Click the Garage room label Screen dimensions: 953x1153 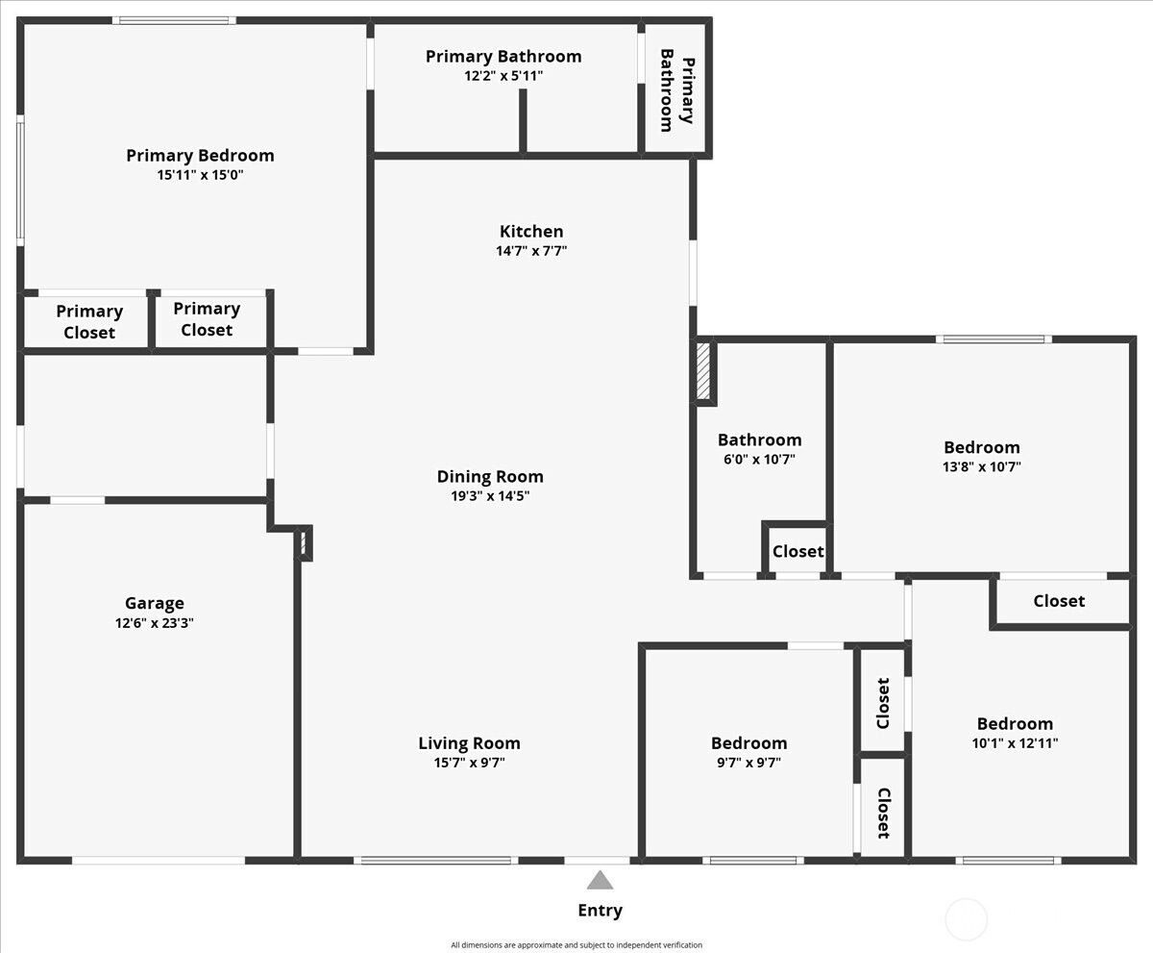click(154, 603)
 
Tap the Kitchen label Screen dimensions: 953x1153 click(531, 231)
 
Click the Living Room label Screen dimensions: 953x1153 click(469, 742)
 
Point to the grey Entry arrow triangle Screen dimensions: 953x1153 click(600, 880)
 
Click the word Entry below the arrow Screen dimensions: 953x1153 click(600, 910)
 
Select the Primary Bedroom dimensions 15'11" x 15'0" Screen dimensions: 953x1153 click(200, 175)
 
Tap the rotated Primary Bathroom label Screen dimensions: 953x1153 click(676, 90)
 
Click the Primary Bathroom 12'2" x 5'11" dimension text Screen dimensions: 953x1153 click(503, 75)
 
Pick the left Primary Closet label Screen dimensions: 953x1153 click(89, 321)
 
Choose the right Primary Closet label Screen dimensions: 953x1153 click(207, 319)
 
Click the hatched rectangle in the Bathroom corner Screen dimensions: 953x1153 click(702, 371)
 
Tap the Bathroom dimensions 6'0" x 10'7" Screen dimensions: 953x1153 click(759, 460)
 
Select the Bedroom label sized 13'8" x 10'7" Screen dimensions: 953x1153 click(981, 447)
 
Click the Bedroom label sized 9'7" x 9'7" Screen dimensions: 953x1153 click(748, 742)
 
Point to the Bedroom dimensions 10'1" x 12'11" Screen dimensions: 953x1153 click(1015, 743)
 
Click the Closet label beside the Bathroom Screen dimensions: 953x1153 click(797, 551)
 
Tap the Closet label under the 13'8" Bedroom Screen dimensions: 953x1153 click(1059, 600)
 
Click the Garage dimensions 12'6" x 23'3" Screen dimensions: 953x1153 click(154, 623)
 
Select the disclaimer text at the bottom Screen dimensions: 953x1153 click(576, 945)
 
